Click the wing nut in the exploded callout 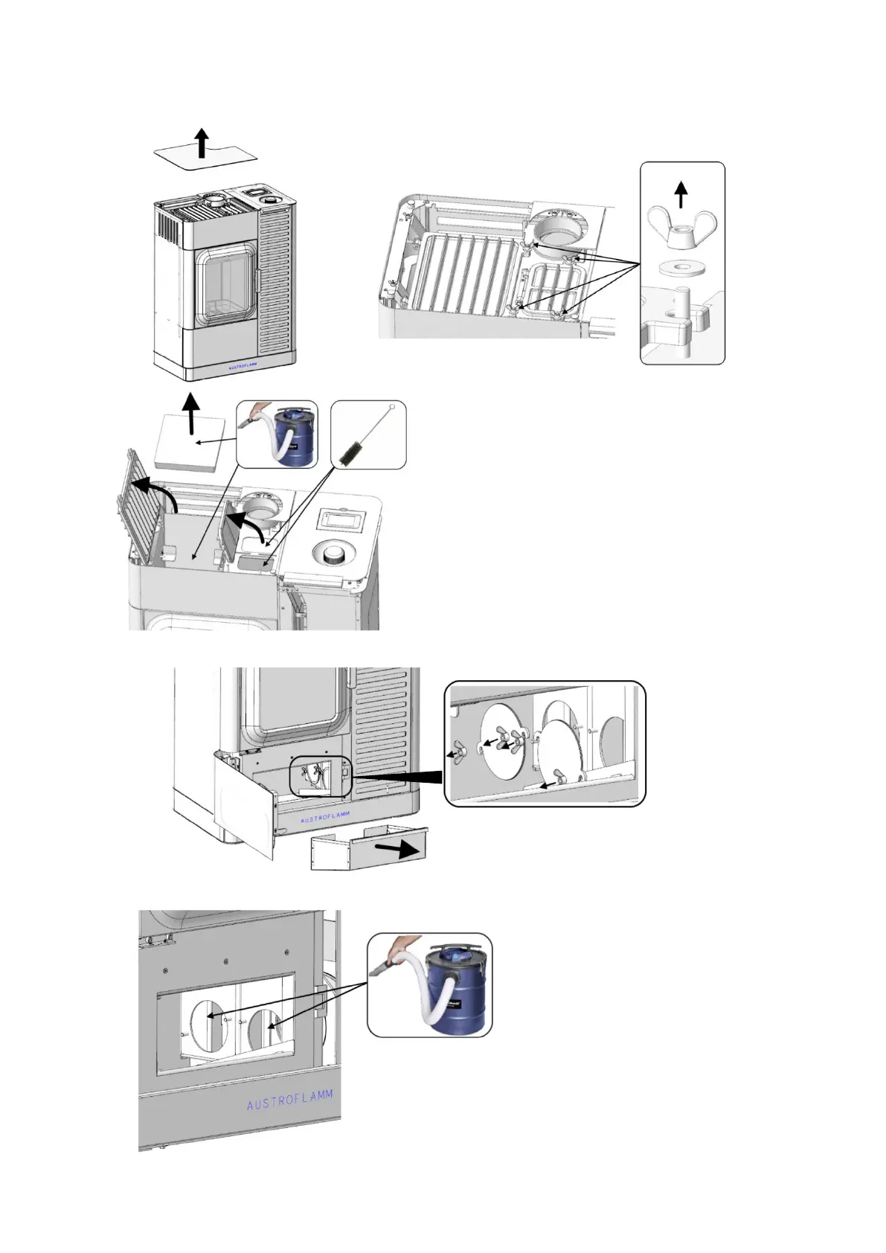pyautogui.click(x=681, y=227)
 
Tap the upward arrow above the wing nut pyautogui.click(x=681, y=195)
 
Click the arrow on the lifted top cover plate pyautogui.click(x=202, y=142)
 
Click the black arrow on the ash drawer pyautogui.click(x=397, y=849)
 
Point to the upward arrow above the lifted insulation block pyautogui.click(x=192, y=413)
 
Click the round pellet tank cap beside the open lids pyautogui.click(x=332, y=553)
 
